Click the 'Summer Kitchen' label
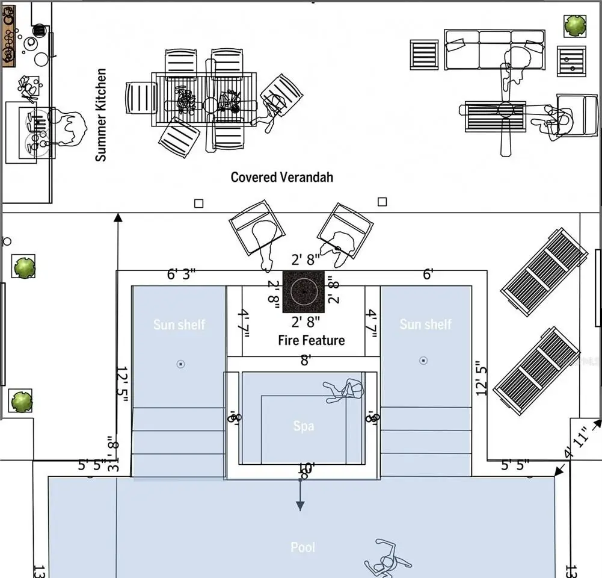[101, 114]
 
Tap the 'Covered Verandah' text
[281, 177]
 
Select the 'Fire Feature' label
[311, 340]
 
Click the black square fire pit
[304, 290]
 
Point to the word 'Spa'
[304, 426]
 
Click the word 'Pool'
[303, 547]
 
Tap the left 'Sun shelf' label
[179, 325]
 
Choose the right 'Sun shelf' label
[425, 324]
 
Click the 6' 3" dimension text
[181, 275]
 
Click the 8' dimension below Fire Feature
[306, 360]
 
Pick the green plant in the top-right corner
[575, 25]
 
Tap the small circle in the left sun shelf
[180, 364]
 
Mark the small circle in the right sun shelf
[423, 361]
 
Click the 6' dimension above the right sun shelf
[428, 275]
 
